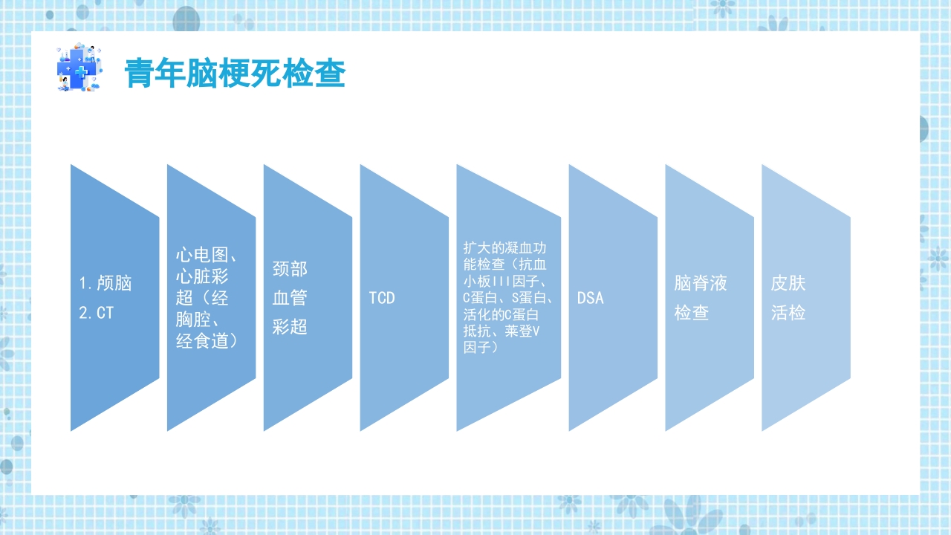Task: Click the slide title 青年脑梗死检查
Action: point(235,74)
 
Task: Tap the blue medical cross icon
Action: point(77,68)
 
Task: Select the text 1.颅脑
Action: point(106,283)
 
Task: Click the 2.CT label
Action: point(97,313)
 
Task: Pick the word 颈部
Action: point(290,268)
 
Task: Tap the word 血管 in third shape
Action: point(290,298)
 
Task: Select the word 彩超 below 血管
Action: point(290,327)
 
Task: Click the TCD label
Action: point(382,298)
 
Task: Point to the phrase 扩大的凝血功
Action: point(504,247)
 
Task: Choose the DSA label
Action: point(591,298)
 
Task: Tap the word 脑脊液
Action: point(701,283)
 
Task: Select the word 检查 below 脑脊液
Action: point(692,313)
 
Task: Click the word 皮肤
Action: point(788,283)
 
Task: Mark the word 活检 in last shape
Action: point(788,313)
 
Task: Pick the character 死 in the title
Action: point(264,74)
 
